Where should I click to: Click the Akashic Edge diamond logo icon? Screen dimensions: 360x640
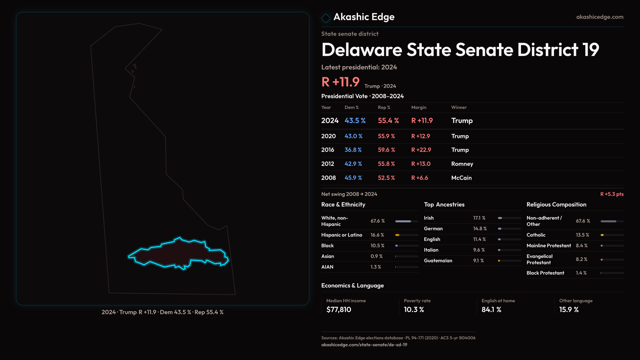(x=326, y=18)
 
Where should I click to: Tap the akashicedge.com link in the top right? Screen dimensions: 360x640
(x=600, y=17)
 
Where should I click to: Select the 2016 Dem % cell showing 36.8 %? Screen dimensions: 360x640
(x=353, y=150)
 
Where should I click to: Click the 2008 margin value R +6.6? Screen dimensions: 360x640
(x=420, y=178)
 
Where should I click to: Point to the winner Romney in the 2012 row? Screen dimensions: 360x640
(x=462, y=164)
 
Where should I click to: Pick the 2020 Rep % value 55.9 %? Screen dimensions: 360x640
(x=386, y=136)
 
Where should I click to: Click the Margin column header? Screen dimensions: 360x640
(x=419, y=107)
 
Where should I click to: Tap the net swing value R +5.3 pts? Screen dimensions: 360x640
(x=612, y=194)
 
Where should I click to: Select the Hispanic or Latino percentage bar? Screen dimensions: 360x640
(x=407, y=235)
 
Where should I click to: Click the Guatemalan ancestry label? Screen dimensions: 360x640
(x=438, y=261)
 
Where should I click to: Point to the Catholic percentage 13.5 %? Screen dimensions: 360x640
(x=582, y=235)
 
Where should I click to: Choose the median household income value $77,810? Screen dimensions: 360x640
(x=339, y=310)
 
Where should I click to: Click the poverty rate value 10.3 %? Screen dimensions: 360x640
(x=414, y=310)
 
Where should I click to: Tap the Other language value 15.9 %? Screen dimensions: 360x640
(x=569, y=310)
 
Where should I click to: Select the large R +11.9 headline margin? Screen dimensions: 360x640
(x=340, y=82)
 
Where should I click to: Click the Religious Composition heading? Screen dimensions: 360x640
(x=556, y=205)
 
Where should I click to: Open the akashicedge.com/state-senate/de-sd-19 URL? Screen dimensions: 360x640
(x=364, y=345)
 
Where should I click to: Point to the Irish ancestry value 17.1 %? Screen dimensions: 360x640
(x=479, y=218)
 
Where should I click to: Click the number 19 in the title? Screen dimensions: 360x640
(x=590, y=50)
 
